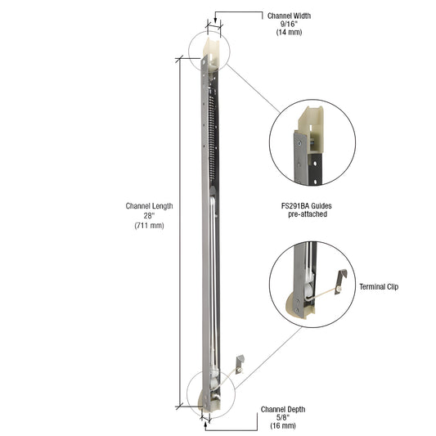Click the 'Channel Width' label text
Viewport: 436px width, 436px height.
tap(289, 16)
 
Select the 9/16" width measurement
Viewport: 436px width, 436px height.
tap(289, 25)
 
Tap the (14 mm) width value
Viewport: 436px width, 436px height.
tap(289, 34)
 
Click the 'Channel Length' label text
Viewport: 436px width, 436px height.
tap(149, 206)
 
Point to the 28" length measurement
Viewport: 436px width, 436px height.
tap(149, 215)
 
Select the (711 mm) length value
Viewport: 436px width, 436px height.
tap(149, 225)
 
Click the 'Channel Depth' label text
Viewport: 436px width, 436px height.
tap(283, 409)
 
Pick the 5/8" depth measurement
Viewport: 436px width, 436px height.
tap(283, 418)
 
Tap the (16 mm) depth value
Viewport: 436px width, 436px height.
tap(283, 427)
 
